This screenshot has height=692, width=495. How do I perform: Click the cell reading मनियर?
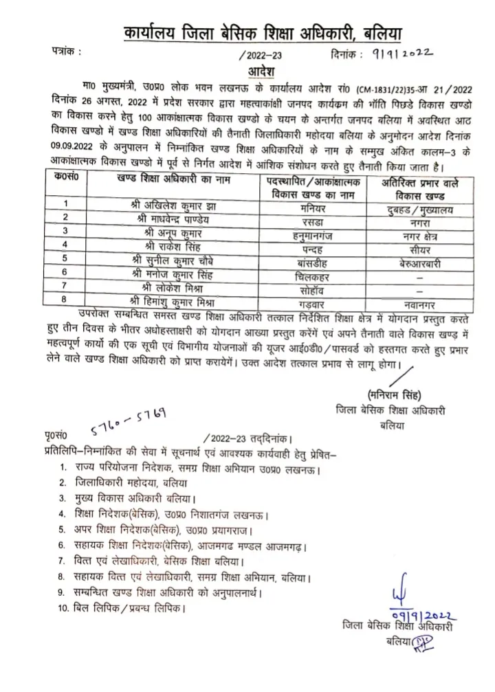click(x=314, y=204)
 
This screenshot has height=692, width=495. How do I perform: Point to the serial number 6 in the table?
click(x=66, y=275)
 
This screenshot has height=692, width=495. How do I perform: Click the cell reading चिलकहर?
click(x=314, y=275)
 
